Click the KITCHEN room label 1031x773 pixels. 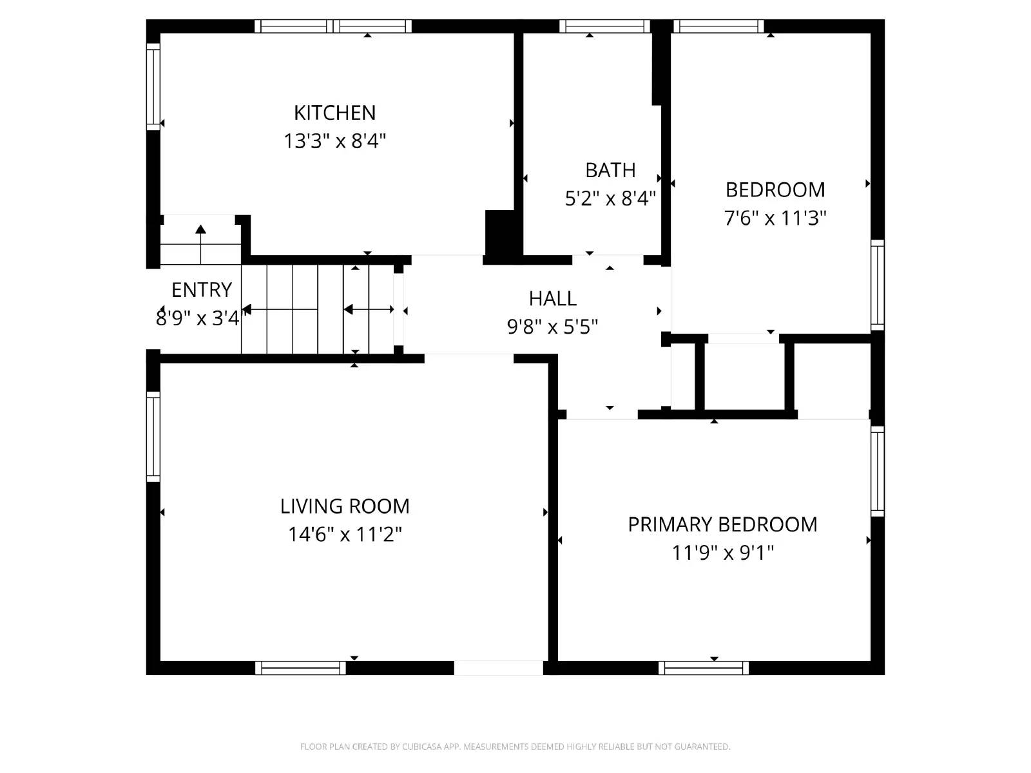334,113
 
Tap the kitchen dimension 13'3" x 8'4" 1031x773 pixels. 334,141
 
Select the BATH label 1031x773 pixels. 610,170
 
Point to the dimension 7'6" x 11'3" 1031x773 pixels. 775,218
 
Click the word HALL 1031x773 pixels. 552,298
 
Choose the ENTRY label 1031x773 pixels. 201,290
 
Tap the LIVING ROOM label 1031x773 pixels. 345,506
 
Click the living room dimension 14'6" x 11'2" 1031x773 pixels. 345,535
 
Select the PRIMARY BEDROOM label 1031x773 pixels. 722,524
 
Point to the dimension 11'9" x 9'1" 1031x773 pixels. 722,553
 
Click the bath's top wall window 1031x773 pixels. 604,26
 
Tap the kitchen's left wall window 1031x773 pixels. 153,86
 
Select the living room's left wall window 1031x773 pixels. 153,436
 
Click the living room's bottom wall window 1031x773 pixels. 300,668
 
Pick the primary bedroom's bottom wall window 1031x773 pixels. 704,668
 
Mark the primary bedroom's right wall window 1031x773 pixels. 878,470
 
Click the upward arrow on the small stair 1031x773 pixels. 200,229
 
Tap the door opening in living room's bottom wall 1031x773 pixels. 498,668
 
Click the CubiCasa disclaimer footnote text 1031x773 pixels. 515,747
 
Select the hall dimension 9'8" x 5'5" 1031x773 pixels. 552,327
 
